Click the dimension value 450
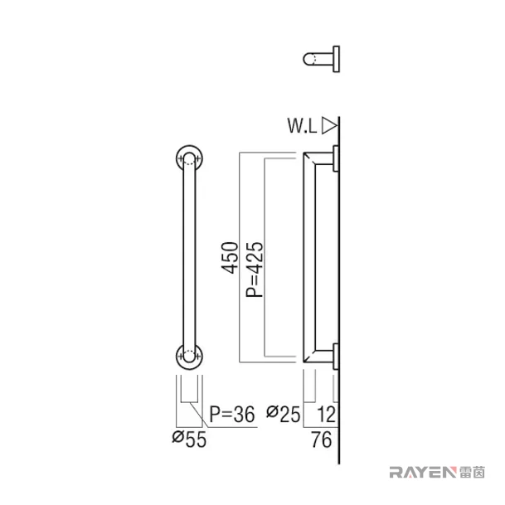pos(230,258)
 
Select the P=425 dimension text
pos(255,269)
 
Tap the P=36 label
pos(232,414)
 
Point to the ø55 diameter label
pos(189,439)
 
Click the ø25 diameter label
pos(284,414)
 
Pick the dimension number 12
pos(326,414)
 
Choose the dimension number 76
pos(322,439)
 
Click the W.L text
pos(302,125)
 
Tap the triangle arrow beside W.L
pos(329,125)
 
